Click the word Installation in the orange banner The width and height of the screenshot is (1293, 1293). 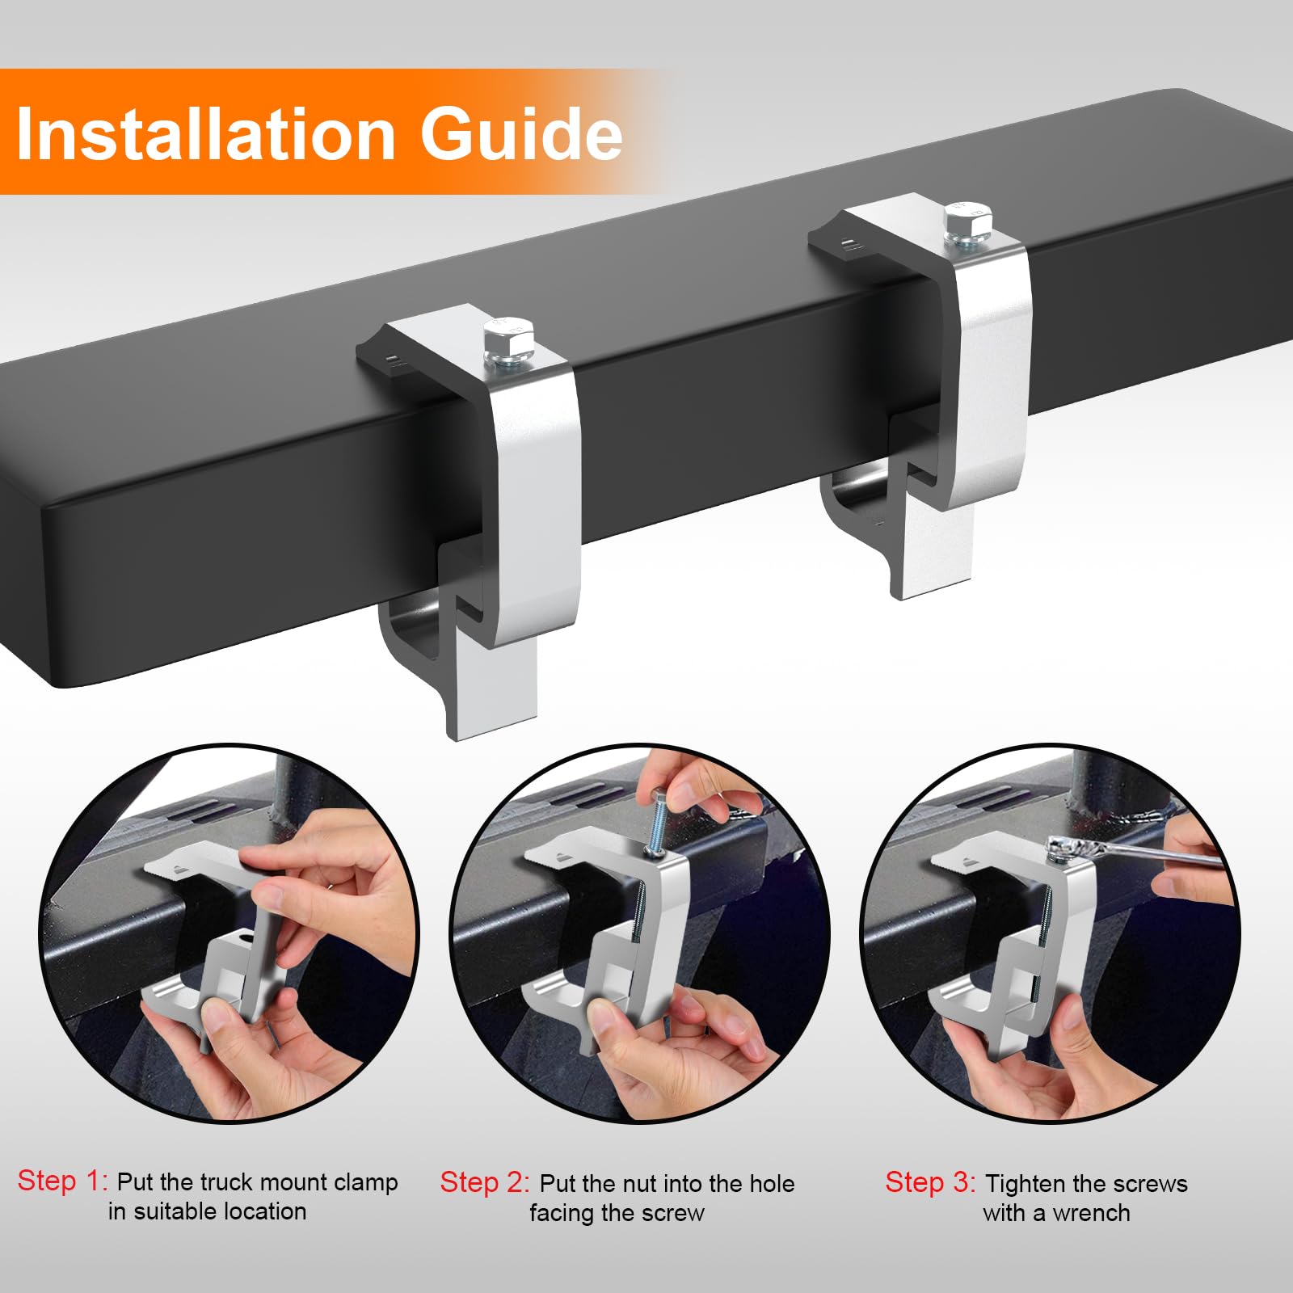[x=205, y=134]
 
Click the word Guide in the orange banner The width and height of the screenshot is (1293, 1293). [x=520, y=134]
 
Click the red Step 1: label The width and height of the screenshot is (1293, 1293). [x=62, y=1181]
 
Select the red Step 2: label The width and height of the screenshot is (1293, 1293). [x=484, y=1182]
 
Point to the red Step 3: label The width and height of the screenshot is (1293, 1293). [x=930, y=1182]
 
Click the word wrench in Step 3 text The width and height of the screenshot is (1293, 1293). [x=1090, y=1213]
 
